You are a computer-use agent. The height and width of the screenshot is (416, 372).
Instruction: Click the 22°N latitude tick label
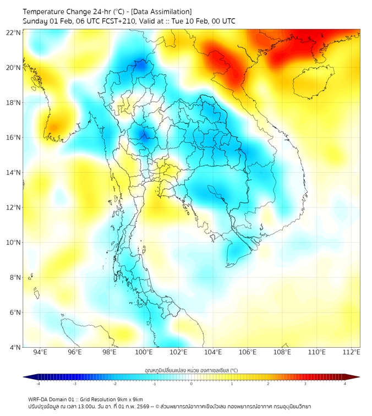pyautogui.click(x=14, y=32)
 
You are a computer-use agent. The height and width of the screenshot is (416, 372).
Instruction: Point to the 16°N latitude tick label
pyautogui.click(x=14, y=138)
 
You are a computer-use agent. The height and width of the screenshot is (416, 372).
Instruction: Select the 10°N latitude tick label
pyautogui.click(x=14, y=243)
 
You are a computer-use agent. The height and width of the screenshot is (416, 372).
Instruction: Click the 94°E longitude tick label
pyautogui.click(x=40, y=352)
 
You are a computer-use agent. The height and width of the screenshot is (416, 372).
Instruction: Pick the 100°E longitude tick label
pyautogui.click(x=144, y=352)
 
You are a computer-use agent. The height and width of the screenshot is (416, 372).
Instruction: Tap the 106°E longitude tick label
pyautogui.click(x=248, y=352)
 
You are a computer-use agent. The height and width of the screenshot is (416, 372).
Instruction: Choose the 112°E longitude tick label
pyautogui.click(x=351, y=352)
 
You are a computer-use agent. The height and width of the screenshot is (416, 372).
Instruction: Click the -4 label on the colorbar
pyautogui.click(x=38, y=384)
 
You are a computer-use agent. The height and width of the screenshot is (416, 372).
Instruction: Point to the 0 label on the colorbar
pyautogui.click(x=192, y=384)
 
